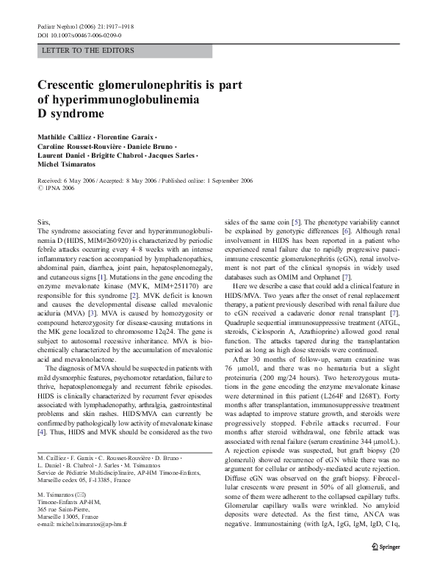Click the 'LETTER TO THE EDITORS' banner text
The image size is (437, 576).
pos(89,51)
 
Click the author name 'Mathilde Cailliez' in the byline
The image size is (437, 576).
pos(67,138)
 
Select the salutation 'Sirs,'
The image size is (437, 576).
pos(45,221)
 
